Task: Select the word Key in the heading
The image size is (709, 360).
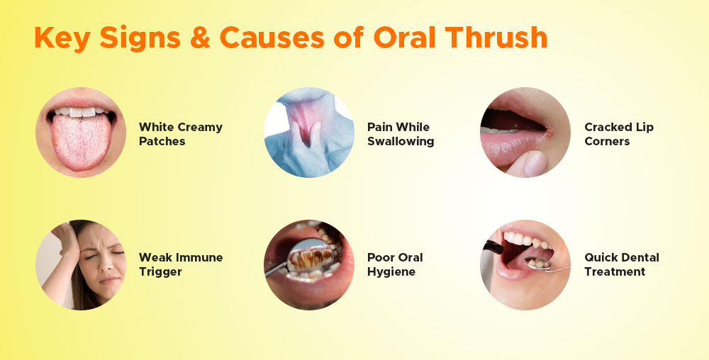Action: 62,39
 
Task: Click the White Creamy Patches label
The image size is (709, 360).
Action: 180,134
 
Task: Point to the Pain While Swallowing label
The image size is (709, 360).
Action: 400,134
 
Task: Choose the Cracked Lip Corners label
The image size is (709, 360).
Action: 618,134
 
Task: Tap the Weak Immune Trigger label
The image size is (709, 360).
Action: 180,265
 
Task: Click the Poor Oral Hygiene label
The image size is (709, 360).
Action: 395,265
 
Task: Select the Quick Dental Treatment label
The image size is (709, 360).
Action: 621,265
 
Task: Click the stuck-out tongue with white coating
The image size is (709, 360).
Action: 81,142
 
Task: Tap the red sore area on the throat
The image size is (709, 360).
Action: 304,124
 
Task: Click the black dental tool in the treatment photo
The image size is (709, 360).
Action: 493,247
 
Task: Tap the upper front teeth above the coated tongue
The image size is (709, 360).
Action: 82,111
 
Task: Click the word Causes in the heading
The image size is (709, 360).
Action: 272,38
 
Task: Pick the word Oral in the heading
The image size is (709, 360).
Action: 404,38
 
